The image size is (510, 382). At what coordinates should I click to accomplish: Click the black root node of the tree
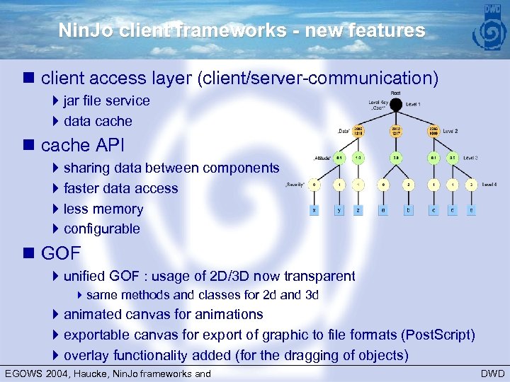396,105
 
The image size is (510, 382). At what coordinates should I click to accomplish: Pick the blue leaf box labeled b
408,209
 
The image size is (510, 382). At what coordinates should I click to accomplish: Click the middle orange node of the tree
396,131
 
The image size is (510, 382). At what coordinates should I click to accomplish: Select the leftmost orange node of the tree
358,131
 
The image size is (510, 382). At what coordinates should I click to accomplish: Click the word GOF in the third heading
61,253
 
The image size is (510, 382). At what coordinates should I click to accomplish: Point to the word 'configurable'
101,228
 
